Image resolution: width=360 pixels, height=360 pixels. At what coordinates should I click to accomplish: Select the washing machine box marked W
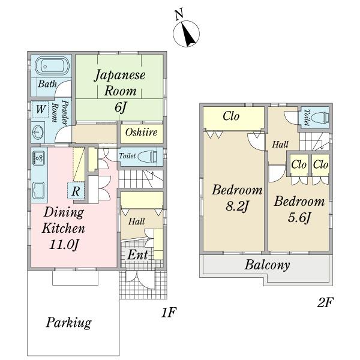[x=40, y=109]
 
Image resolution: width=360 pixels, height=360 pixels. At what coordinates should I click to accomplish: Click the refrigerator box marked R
[x=76, y=191]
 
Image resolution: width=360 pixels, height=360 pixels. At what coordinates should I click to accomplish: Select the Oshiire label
[x=141, y=131]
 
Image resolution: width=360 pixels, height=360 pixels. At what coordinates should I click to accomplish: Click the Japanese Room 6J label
[x=120, y=92]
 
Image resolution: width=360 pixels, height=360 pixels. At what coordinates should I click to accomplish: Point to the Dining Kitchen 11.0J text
[x=62, y=228]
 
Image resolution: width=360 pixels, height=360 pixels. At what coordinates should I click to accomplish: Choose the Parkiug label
[x=68, y=323]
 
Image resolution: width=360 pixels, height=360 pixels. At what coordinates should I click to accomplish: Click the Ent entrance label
[x=138, y=254]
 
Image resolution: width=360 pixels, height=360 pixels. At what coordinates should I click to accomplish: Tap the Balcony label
[x=268, y=265]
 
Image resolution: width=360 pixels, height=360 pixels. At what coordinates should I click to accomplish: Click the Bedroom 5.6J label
[x=299, y=209]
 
